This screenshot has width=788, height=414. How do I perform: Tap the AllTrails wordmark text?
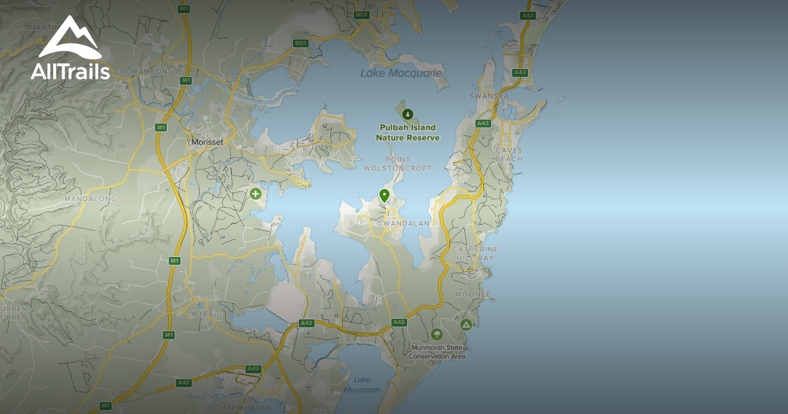(70, 72)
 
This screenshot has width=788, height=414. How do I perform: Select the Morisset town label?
(206, 141)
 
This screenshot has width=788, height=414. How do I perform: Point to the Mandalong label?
(90, 198)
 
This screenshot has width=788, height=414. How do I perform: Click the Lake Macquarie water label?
(401, 73)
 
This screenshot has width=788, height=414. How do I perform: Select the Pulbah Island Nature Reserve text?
(408, 133)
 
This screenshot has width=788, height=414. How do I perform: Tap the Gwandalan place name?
(403, 223)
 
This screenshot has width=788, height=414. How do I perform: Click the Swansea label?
(489, 96)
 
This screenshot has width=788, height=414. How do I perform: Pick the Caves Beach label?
(510, 154)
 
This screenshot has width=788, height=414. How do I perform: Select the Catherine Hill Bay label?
(475, 254)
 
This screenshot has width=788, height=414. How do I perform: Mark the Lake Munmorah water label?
(362, 384)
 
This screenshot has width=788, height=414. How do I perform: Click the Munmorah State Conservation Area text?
(437, 352)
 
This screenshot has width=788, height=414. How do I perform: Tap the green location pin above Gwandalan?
(384, 195)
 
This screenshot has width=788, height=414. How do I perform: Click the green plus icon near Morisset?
(255, 194)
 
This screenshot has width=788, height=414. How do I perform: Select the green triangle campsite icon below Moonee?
(466, 324)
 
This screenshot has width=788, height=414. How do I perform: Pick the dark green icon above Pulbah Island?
(408, 114)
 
